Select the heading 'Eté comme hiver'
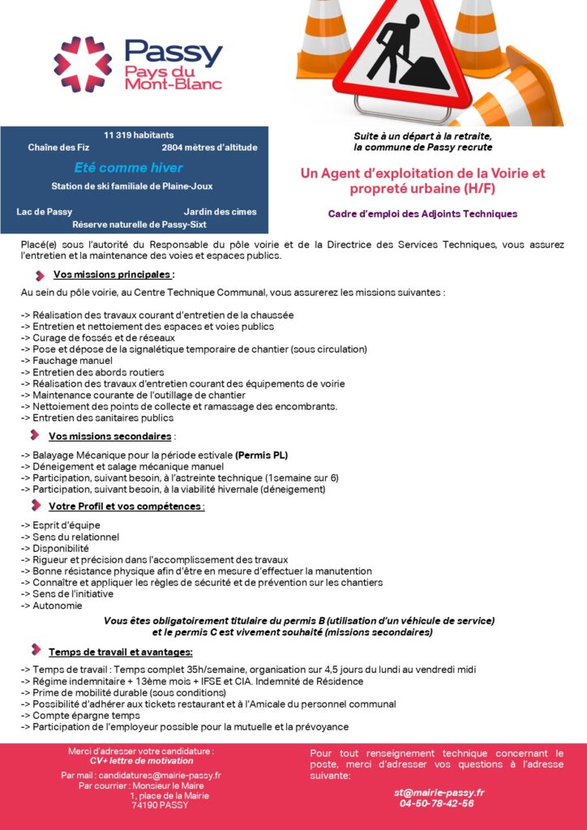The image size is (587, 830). (x=128, y=168)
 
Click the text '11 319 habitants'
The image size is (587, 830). (x=139, y=135)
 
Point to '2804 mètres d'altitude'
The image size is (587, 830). (x=209, y=148)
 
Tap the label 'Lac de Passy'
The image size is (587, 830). (x=45, y=212)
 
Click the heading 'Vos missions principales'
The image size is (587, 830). (x=113, y=274)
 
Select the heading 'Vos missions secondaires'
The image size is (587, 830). (x=111, y=436)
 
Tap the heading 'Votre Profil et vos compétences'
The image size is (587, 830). (x=126, y=507)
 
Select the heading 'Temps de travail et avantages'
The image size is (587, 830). (x=120, y=652)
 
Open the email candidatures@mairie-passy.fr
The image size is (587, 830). (x=142, y=775)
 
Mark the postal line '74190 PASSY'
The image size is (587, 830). (x=160, y=805)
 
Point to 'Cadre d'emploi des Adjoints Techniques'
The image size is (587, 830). (x=422, y=214)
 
